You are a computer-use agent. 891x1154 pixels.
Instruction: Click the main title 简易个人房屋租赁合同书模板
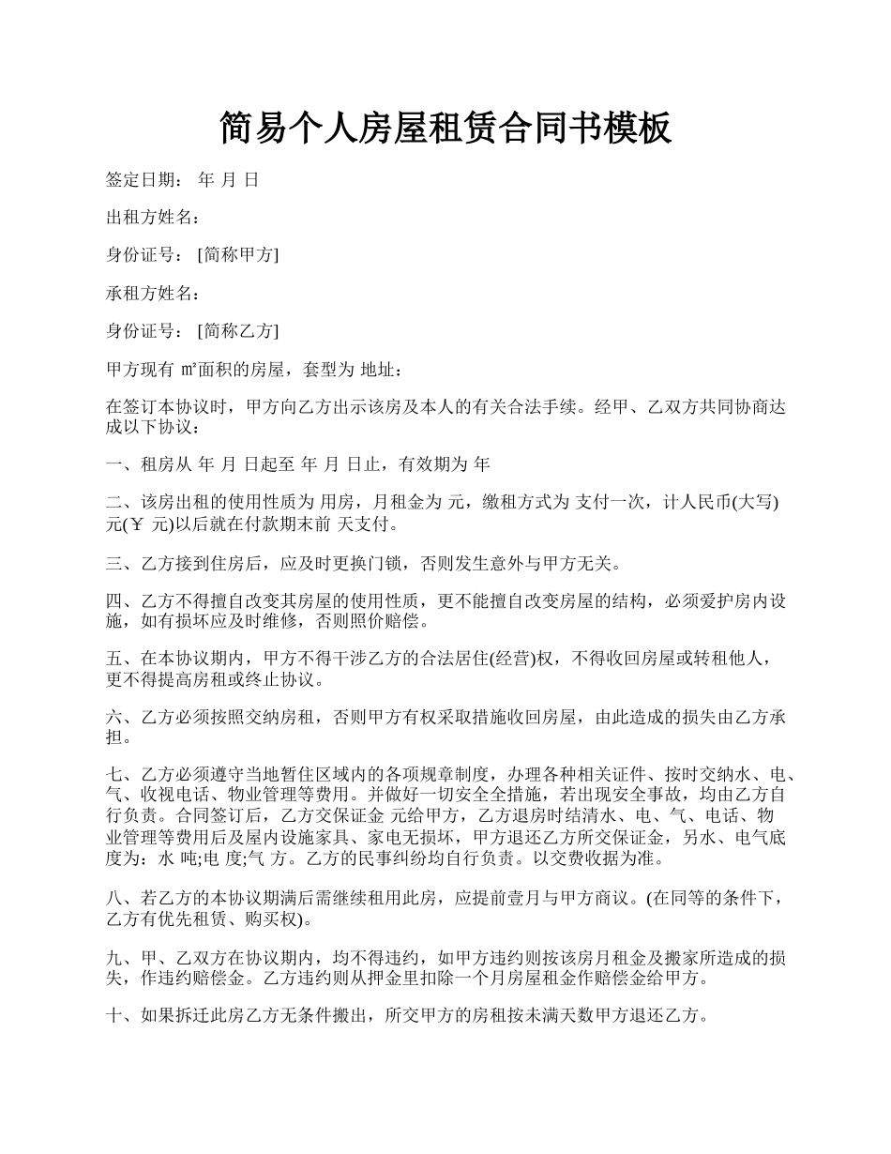point(445,129)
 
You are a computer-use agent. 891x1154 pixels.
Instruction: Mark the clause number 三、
point(122,563)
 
